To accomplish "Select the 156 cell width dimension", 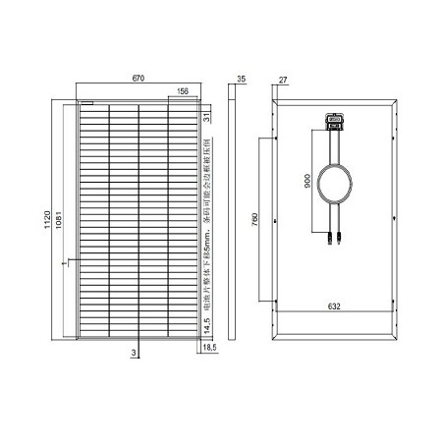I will tap(182, 92).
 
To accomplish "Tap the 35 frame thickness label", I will tap(242, 78).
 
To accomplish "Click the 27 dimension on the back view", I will tap(283, 78).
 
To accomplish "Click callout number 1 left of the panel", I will tap(61, 263).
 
